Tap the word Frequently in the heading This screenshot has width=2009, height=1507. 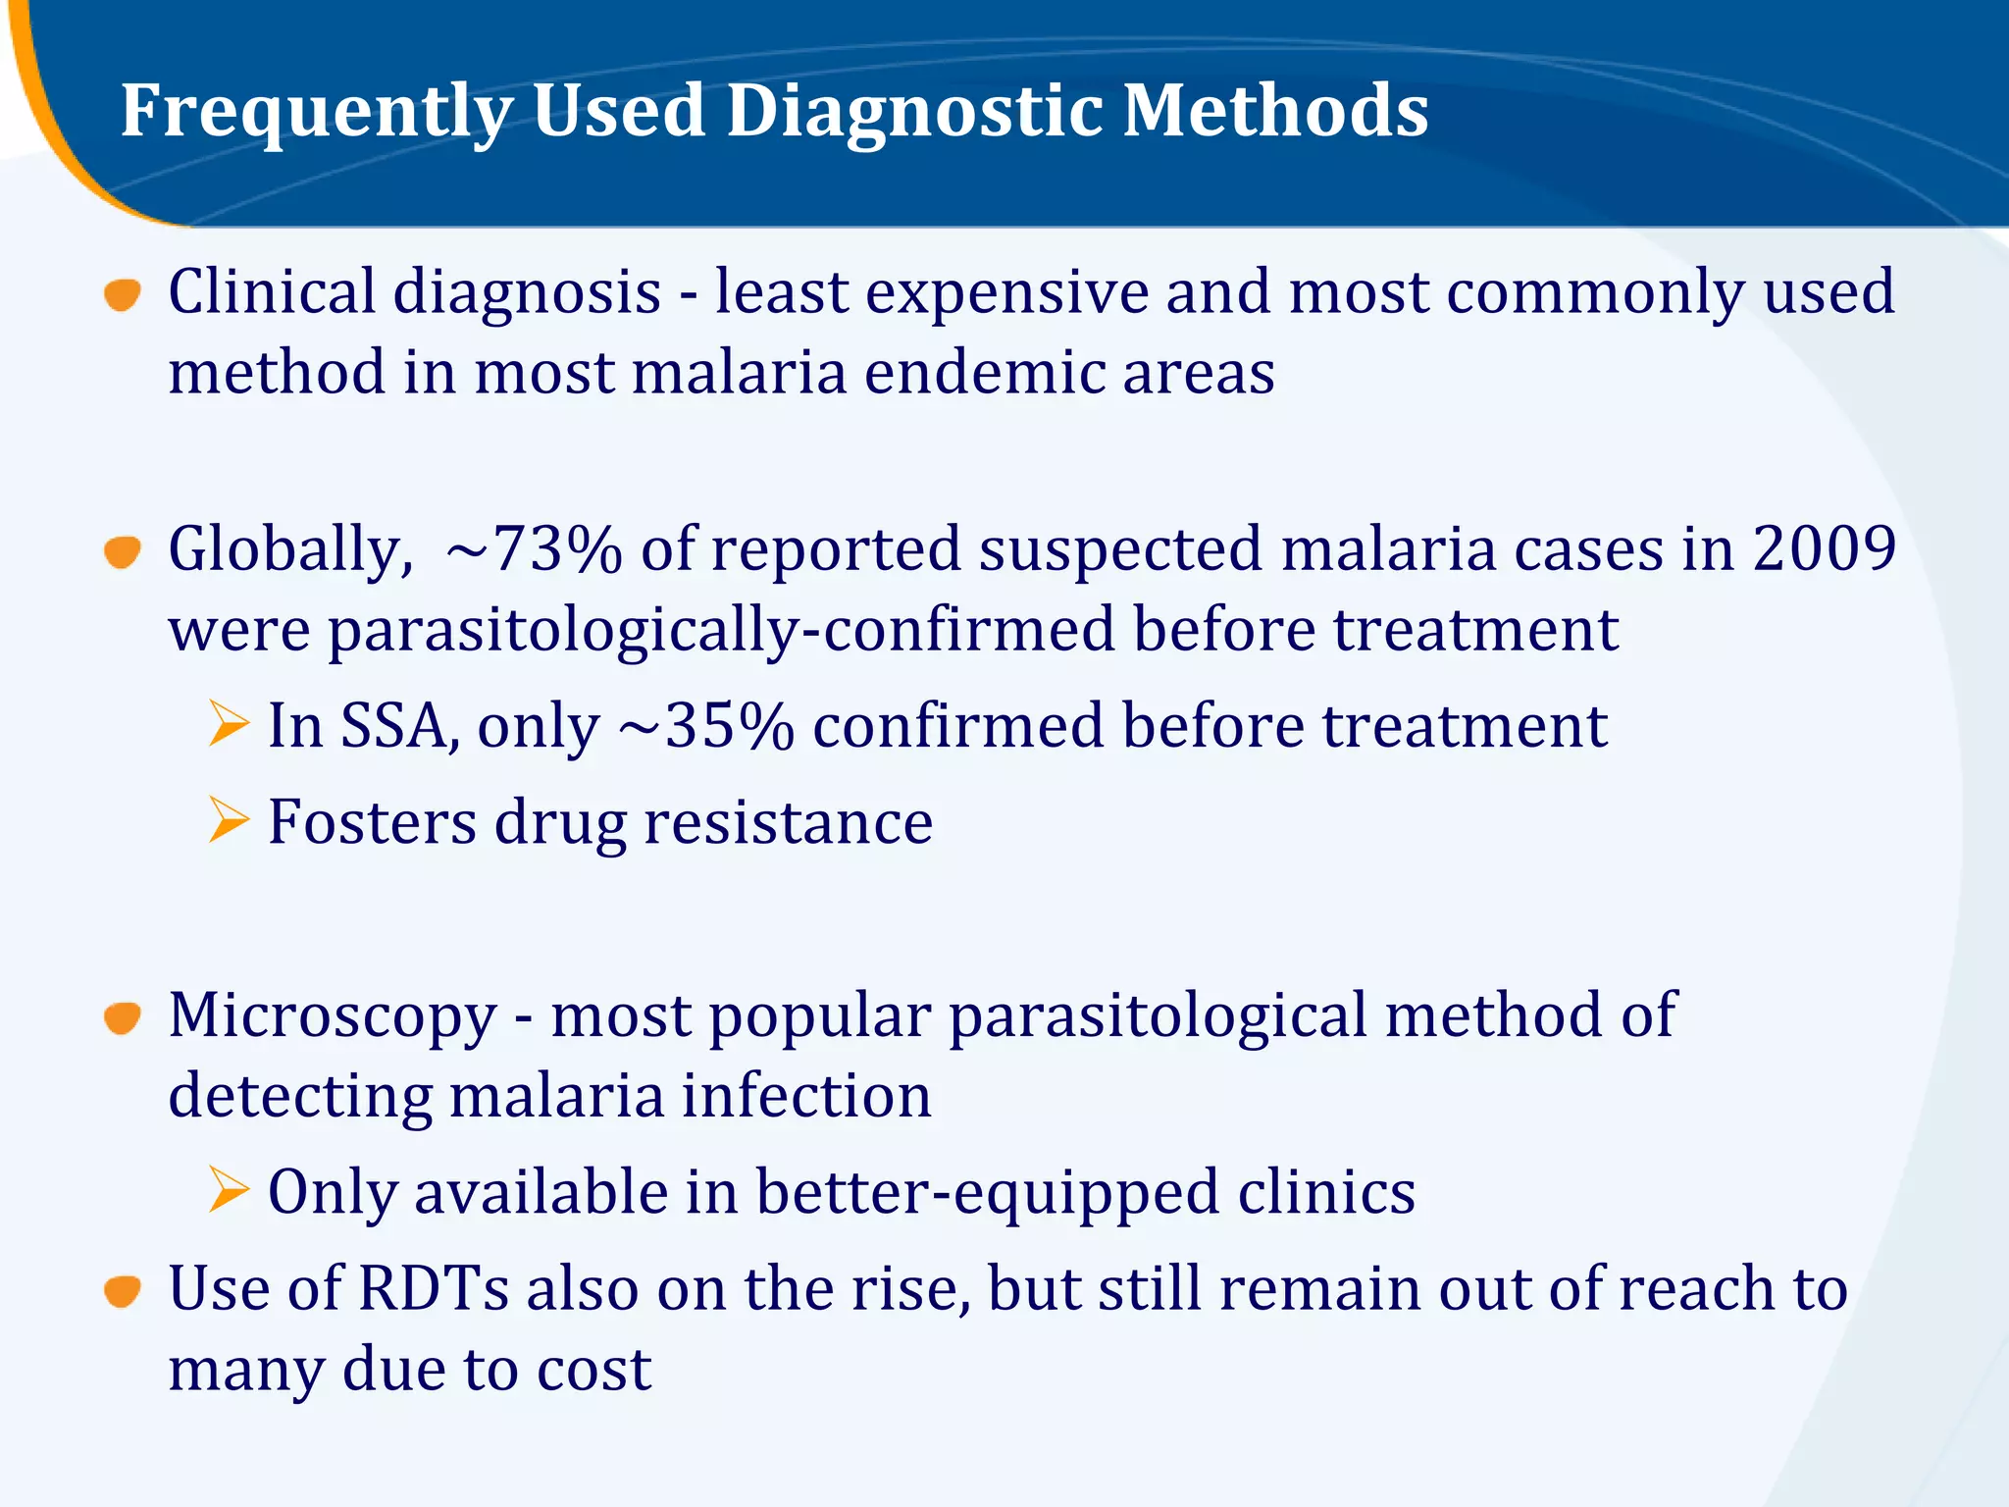pyautogui.click(x=316, y=112)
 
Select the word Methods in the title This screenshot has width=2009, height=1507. pyautogui.click(x=1275, y=110)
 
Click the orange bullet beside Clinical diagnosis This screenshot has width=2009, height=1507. pyautogui.click(x=123, y=294)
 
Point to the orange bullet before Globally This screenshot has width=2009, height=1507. pyautogui.click(x=123, y=551)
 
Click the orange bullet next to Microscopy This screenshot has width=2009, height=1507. pyautogui.click(x=123, y=1017)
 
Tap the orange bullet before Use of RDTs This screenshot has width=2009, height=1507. pyautogui.click(x=123, y=1291)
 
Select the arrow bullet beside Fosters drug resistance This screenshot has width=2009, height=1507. pyautogui.click(x=229, y=820)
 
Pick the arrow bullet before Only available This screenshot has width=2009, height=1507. pyautogui.click(x=229, y=1190)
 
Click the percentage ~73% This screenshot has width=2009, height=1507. pyautogui.click(x=534, y=549)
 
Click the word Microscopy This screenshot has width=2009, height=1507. pyautogui.click(x=333, y=1017)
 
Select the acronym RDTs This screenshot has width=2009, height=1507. pyautogui.click(x=434, y=1288)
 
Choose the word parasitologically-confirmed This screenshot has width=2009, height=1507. pyautogui.click(x=721, y=630)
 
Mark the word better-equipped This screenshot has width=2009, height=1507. pyautogui.click(x=988, y=1193)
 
